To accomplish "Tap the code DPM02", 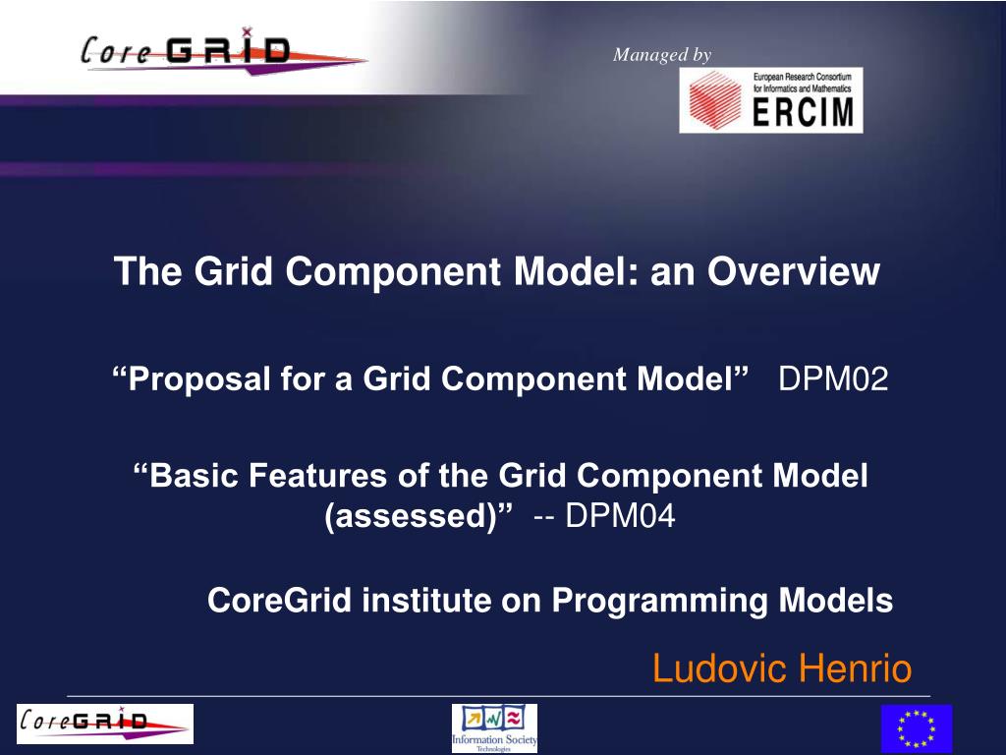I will point(833,378).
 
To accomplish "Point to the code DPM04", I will point(620,514).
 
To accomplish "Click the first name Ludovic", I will point(721,669).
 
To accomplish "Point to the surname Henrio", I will point(855,669).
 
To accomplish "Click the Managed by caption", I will point(661,55).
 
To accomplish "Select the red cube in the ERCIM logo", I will point(715,100).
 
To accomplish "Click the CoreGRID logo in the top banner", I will point(187,50).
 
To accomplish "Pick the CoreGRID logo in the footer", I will point(105,724).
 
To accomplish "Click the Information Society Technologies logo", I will point(494,728).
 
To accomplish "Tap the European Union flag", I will point(916,728).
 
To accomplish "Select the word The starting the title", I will point(146,272).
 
